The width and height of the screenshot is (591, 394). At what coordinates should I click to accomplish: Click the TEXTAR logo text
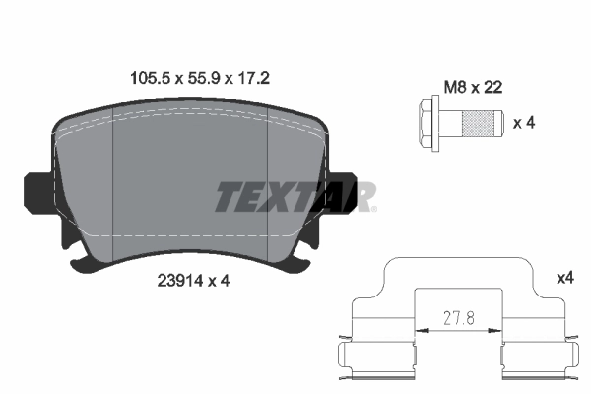[295, 197]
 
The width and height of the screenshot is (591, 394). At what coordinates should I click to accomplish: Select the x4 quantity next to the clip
[564, 279]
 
